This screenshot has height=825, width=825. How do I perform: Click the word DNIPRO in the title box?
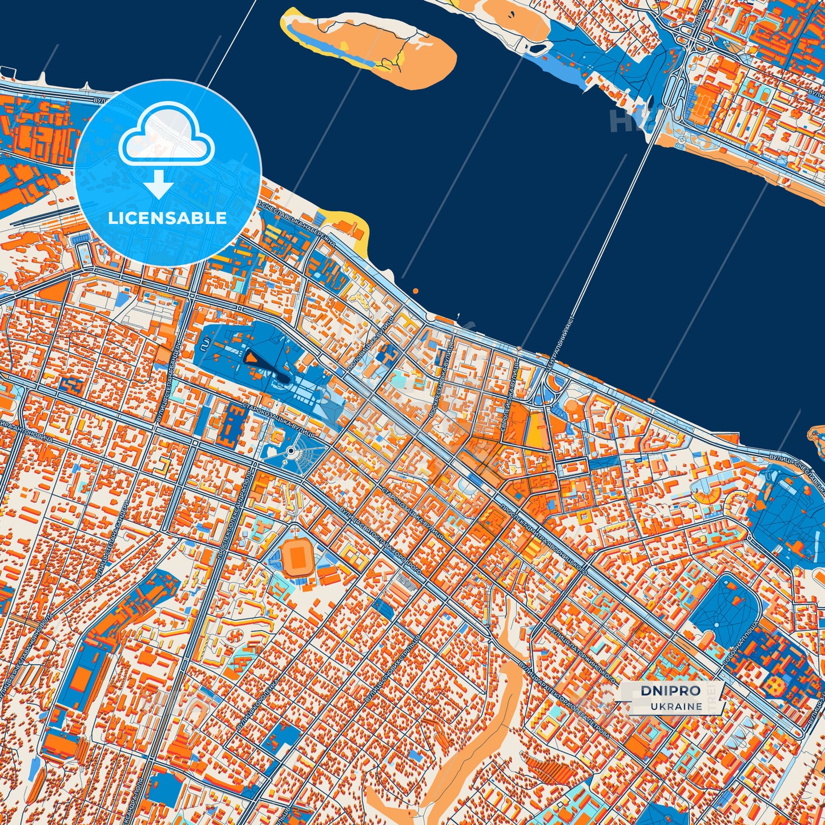pos(670,691)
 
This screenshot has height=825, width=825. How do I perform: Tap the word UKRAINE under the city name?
pos(676,706)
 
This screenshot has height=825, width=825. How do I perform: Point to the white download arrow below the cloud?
pos(159,184)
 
